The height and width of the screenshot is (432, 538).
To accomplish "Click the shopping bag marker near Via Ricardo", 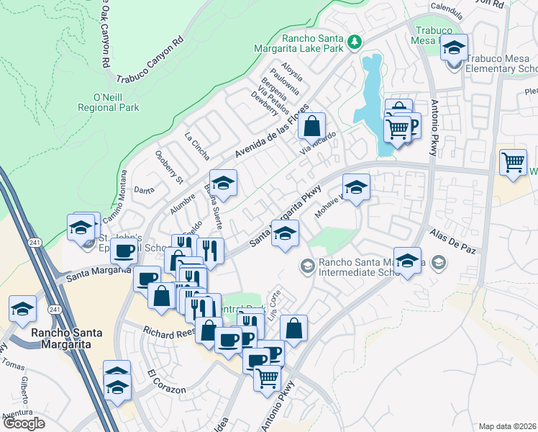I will pos(311,126).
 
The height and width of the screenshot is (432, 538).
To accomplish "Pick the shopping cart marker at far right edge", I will pos(513,163).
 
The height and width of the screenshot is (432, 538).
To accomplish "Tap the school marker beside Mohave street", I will pos(355,188).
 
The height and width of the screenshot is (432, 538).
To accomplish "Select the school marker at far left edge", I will pos(22,310).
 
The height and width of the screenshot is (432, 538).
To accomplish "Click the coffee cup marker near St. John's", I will pos(124,253).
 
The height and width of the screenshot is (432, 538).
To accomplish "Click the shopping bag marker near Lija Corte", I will pos(293,329).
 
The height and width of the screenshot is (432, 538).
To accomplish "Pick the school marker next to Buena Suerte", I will pos(223,184).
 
